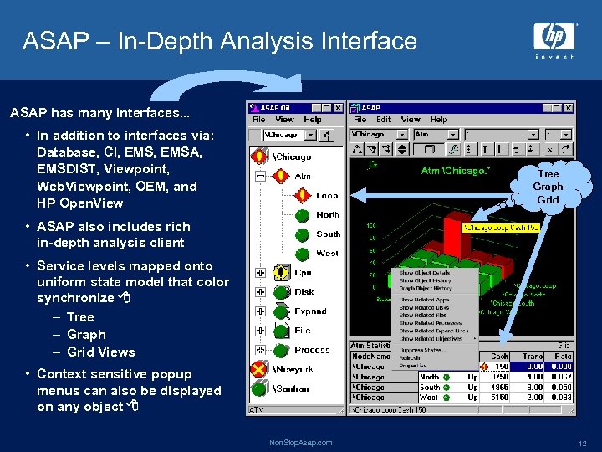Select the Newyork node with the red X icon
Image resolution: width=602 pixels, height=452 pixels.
(x=293, y=369)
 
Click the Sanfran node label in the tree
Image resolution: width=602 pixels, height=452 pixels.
(x=292, y=388)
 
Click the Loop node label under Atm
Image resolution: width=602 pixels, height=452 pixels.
(x=327, y=196)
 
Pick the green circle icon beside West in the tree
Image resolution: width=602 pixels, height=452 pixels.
(x=304, y=254)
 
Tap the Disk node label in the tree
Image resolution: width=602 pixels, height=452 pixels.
(x=304, y=292)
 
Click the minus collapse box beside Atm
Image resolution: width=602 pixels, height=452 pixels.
(x=260, y=177)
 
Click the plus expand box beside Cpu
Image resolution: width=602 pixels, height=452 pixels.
(x=260, y=273)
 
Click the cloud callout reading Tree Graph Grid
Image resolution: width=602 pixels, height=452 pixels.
(x=548, y=187)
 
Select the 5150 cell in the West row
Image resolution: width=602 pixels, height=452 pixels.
(x=500, y=398)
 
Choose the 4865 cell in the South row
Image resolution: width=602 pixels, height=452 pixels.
(x=500, y=388)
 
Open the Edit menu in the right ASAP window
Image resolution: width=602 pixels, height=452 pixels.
(x=384, y=120)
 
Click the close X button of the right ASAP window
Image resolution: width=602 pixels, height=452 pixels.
(x=569, y=107)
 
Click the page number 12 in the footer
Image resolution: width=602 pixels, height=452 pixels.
(x=581, y=443)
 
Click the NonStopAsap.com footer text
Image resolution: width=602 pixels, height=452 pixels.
(x=300, y=443)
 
